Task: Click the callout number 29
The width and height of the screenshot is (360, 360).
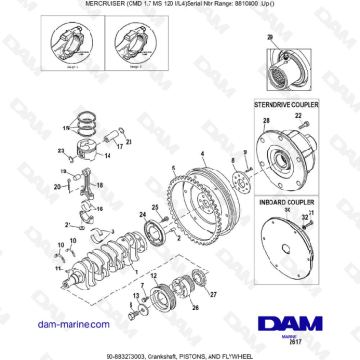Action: click(270, 37)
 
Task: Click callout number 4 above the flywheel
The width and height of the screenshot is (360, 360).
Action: click(202, 151)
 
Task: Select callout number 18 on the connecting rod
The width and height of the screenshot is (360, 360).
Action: click(101, 186)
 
